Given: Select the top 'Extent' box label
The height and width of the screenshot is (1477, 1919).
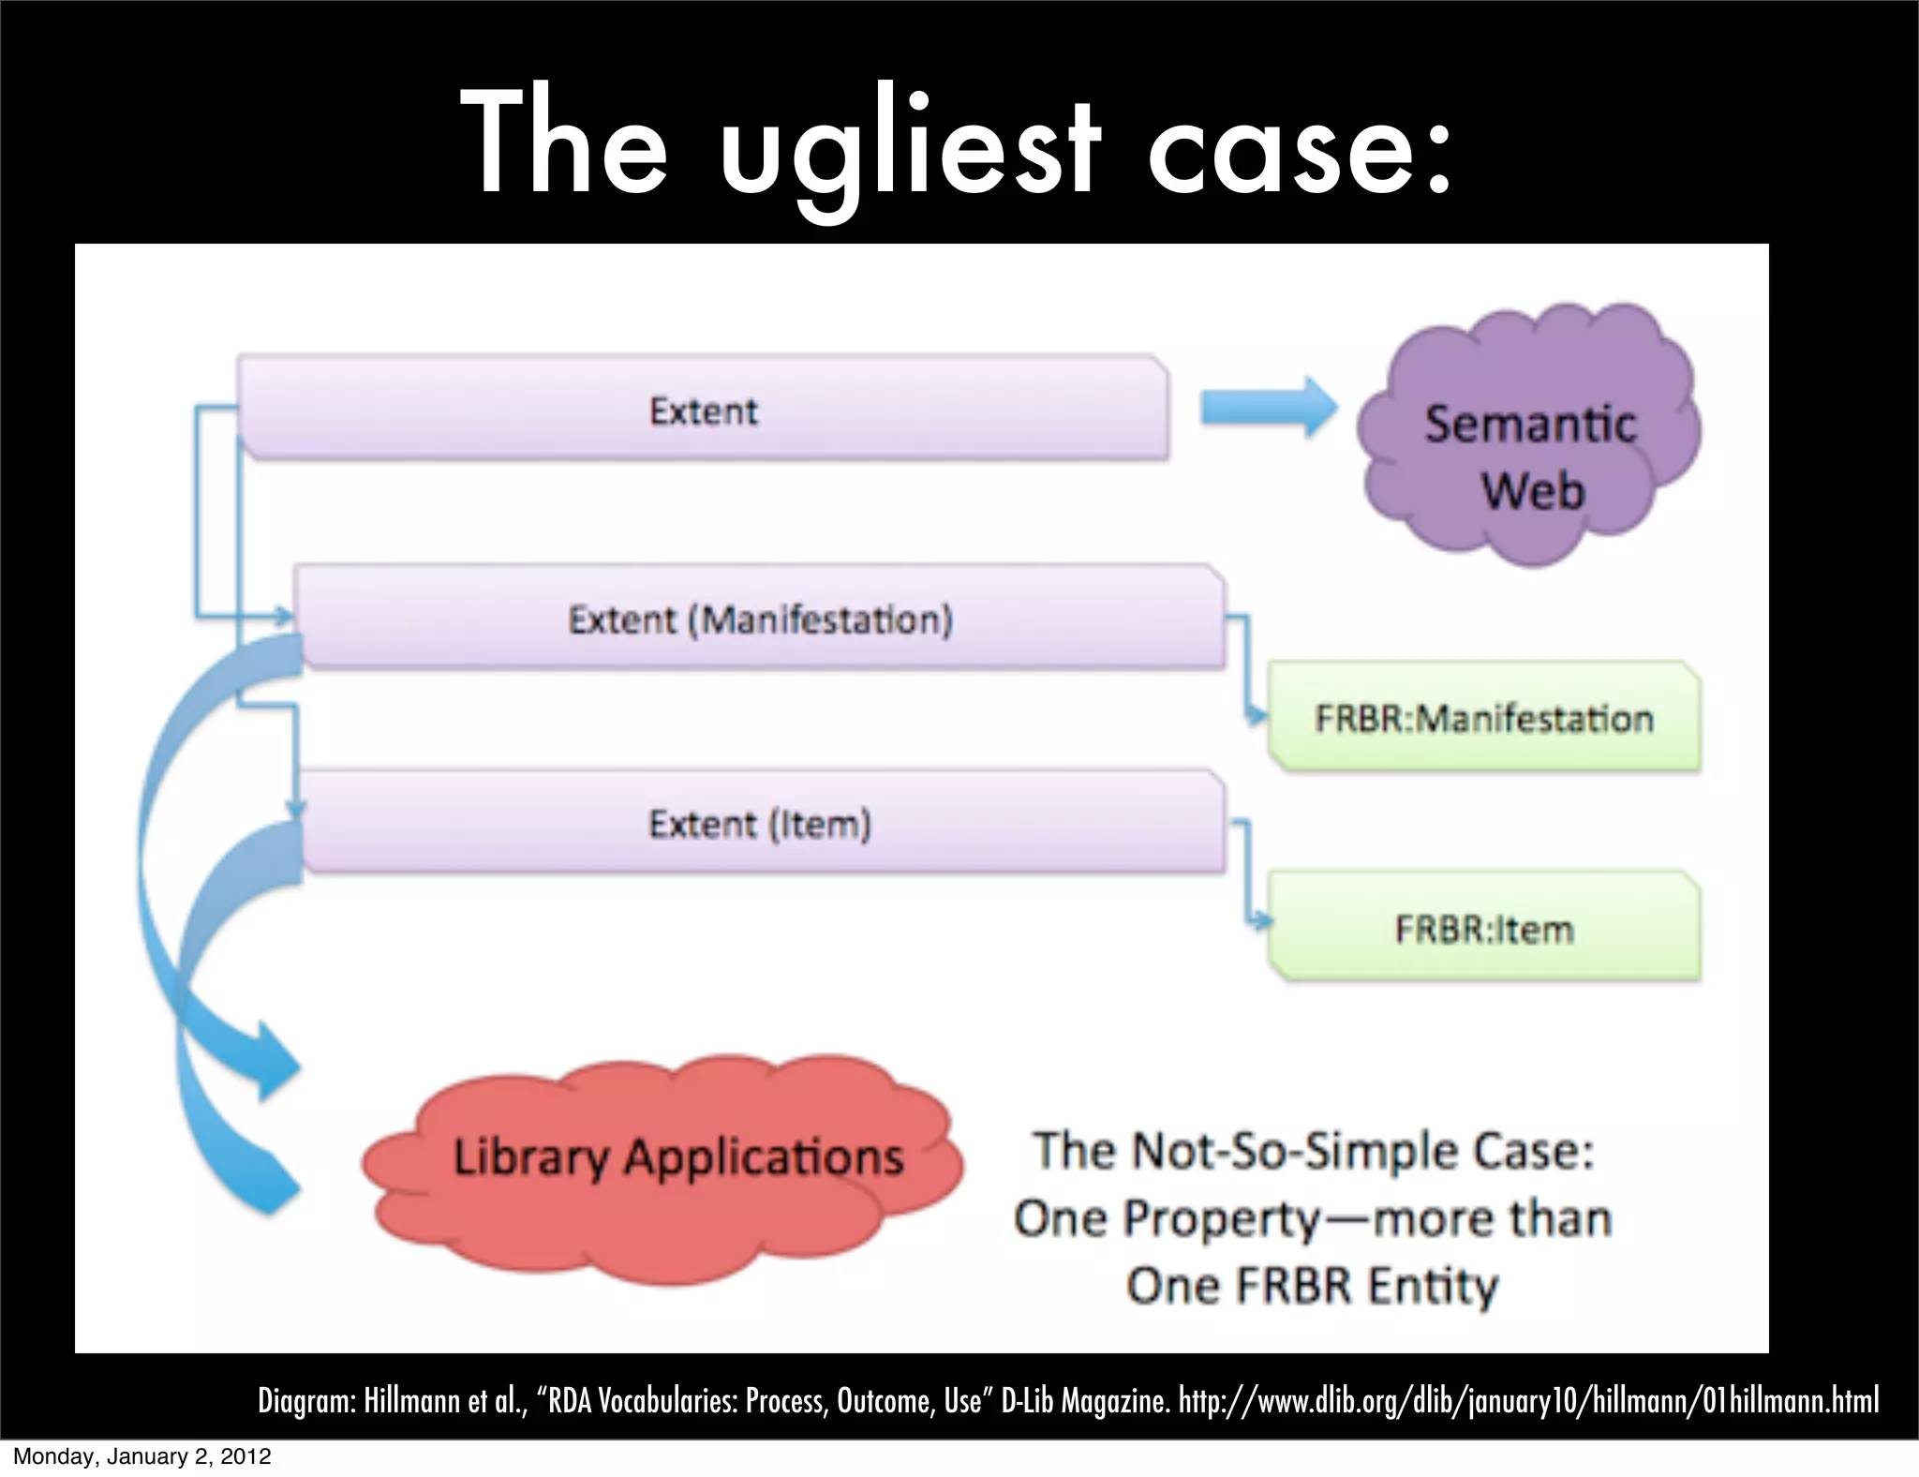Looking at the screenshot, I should click(703, 410).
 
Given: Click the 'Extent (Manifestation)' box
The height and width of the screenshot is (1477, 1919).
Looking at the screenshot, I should click(760, 619).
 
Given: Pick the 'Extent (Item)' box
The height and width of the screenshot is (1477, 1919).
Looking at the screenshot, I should click(760, 824).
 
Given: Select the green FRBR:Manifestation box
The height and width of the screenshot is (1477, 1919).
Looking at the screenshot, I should click(1484, 719).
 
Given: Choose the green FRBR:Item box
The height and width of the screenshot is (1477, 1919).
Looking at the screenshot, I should click(1484, 929).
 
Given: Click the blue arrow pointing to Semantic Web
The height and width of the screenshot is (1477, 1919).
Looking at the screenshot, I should click(1270, 409).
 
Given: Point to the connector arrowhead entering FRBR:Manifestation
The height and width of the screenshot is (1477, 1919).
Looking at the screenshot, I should click(1257, 718).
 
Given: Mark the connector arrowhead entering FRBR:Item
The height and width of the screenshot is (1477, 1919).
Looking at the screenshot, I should click(1260, 922).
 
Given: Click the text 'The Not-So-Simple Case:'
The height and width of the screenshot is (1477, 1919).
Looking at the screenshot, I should click(1313, 1151).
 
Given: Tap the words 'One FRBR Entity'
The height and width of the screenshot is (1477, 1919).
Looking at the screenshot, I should click(1312, 1285).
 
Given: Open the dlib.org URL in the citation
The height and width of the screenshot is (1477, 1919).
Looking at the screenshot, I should click(1528, 1401).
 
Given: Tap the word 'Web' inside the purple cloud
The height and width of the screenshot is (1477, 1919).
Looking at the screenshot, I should click(1533, 490).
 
